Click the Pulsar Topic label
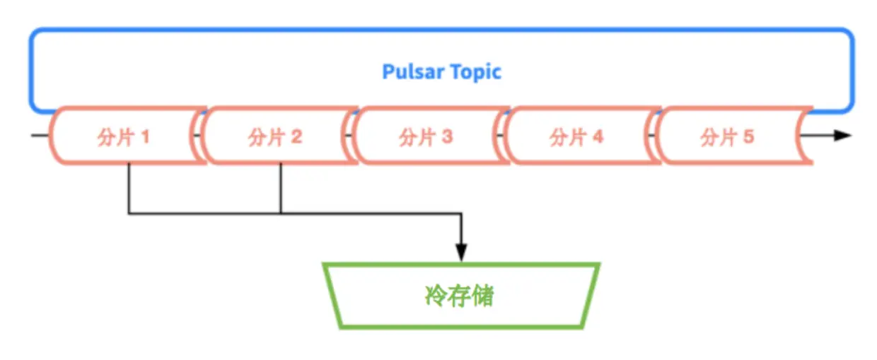tap(441, 71)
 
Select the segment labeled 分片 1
tap(124, 137)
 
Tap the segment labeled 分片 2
tap(276, 137)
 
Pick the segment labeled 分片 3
tap(426, 137)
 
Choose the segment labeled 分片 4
tap(577, 137)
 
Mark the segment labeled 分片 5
tap(728, 137)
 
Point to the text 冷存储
tap(460, 296)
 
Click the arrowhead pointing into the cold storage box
tap(461, 252)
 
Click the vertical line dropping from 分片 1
tap(129, 187)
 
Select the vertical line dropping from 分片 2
tap(280, 187)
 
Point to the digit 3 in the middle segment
tap(447, 137)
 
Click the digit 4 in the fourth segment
tap(598, 137)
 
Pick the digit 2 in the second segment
tap(297, 137)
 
